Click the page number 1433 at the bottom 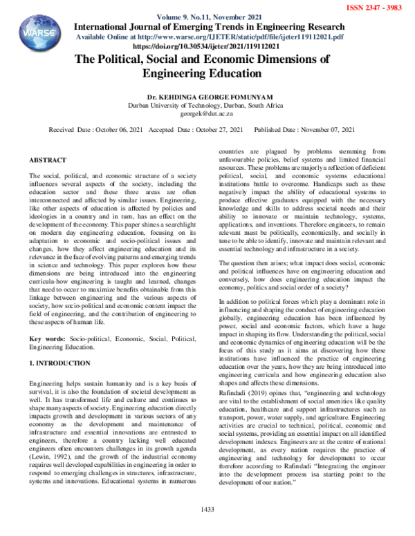click(x=207, y=528)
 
